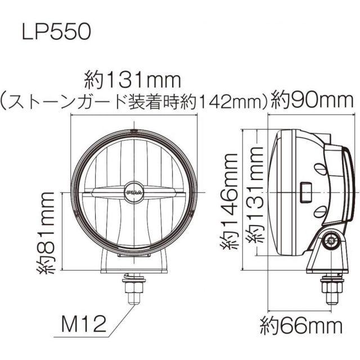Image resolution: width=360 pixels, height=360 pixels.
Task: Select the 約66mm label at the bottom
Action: point(301,325)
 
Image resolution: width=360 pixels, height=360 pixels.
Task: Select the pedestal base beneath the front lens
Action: point(134,263)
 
